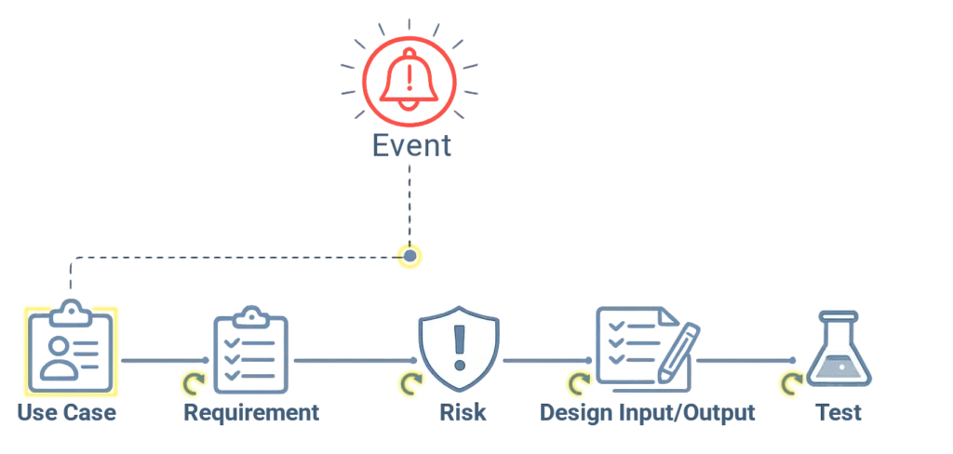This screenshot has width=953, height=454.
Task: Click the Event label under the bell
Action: tap(411, 144)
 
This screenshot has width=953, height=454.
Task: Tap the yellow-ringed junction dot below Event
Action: tap(409, 255)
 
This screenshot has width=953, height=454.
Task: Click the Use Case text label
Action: tap(67, 411)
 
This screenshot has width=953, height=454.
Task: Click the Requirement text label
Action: tap(250, 411)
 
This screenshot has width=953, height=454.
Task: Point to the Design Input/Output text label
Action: tap(647, 411)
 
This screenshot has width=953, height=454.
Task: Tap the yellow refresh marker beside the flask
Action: tap(791, 382)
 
